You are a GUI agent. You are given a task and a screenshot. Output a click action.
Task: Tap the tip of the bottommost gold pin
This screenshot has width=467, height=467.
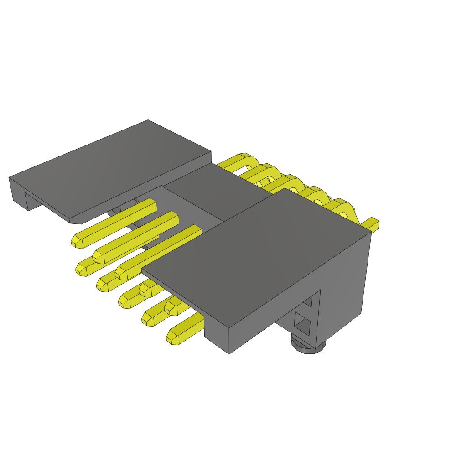tap(173, 338)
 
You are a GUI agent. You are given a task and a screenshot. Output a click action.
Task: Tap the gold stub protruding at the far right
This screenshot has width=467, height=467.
tap(372, 224)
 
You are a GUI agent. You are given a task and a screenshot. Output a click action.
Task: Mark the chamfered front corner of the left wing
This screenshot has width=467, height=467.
tap(76, 221)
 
